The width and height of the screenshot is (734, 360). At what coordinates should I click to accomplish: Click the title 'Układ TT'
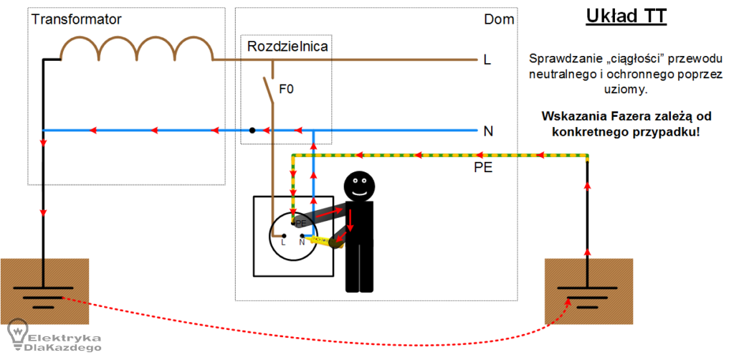click(626, 17)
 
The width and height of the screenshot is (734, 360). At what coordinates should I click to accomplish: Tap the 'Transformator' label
click(76, 19)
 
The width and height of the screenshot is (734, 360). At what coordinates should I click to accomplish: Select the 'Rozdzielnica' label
click(287, 47)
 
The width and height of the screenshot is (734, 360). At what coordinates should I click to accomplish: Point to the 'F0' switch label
click(286, 89)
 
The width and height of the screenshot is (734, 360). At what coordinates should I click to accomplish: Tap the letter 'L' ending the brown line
click(487, 60)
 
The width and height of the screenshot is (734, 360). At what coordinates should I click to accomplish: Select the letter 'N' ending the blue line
click(488, 131)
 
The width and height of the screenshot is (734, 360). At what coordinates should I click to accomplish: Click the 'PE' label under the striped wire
click(483, 168)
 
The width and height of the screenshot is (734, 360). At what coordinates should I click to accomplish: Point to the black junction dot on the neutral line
click(252, 130)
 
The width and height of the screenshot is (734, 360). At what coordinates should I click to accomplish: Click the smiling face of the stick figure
click(360, 186)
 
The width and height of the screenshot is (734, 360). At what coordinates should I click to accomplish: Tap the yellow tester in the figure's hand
click(323, 240)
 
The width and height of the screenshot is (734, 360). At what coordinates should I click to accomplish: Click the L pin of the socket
click(284, 235)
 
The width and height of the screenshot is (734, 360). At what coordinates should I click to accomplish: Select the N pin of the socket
click(302, 235)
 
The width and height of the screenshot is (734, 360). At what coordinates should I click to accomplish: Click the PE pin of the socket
click(293, 223)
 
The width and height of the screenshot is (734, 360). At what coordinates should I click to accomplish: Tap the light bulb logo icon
click(18, 333)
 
